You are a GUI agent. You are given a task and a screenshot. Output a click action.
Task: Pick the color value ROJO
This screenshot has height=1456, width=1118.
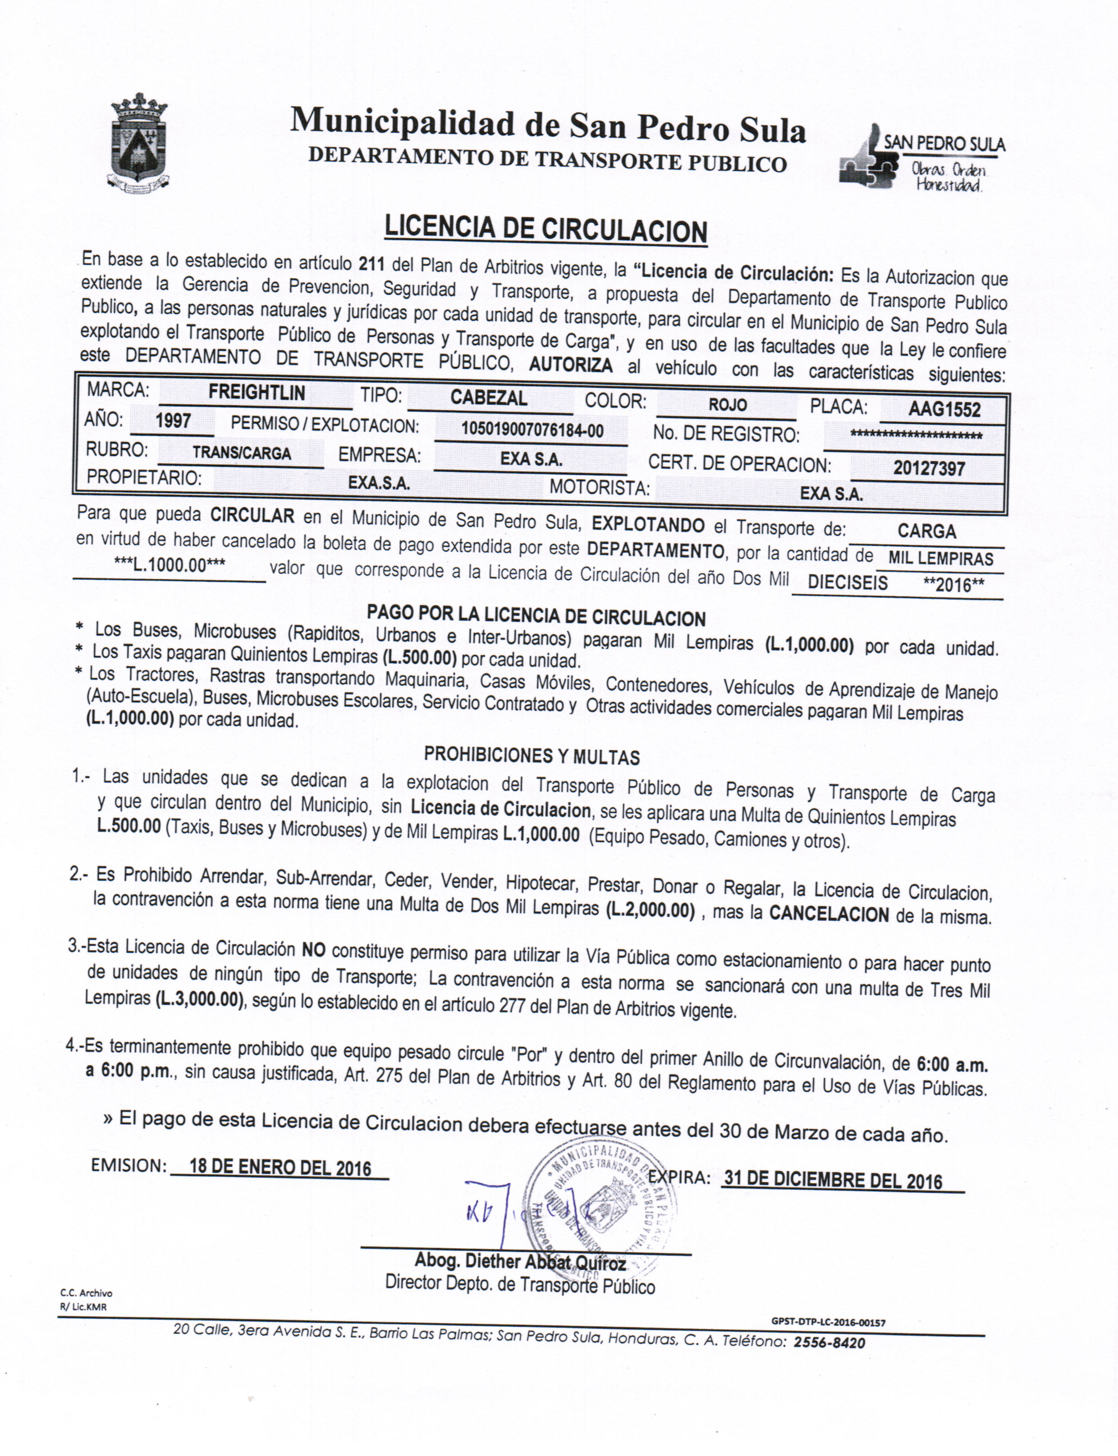(x=727, y=404)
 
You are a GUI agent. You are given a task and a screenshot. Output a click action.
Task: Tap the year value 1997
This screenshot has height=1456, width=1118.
(x=173, y=421)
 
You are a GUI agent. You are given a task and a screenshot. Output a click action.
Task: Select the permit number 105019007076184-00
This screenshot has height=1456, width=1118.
(x=532, y=431)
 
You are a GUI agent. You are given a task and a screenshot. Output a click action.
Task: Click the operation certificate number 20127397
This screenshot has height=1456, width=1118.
(x=929, y=468)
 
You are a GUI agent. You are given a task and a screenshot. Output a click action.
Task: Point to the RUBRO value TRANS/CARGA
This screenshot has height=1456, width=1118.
(x=242, y=453)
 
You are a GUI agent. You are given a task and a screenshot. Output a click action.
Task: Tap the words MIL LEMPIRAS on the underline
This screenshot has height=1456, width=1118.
(x=940, y=558)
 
